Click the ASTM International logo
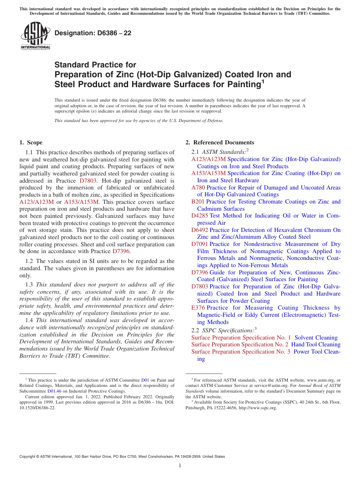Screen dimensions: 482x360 pyautogui.click(x=35, y=36)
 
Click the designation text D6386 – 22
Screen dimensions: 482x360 pyautogui.click(x=93, y=33)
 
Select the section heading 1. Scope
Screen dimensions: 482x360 pyautogui.click(x=31, y=142)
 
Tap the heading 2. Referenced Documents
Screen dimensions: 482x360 pyautogui.click(x=219, y=142)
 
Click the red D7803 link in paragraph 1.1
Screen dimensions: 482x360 pyautogui.click(x=89, y=180)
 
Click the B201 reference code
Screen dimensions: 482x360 pyautogui.click(x=198, y=202)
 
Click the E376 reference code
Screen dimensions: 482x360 pyautogui.click(x=198, y=308)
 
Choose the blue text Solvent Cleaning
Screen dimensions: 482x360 pyautogui.click(x=316, y=338)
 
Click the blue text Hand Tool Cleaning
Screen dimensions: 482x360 pyautogui.click(x=316, y=344)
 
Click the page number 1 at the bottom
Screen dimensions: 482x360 pyautogui.click(x=180, y=465)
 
